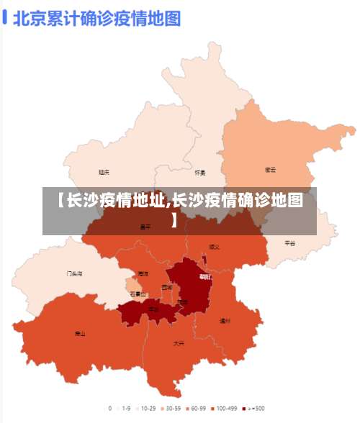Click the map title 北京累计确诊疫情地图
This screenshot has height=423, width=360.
coord(96,18)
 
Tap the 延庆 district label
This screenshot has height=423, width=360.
coord(104,172)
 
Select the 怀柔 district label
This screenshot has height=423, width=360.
coord(200,173)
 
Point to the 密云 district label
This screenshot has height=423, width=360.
coord(271,170)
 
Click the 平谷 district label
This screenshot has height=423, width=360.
coord(289,243)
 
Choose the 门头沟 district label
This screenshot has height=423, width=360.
coord(74,274)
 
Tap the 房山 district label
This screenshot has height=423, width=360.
coord(80,334)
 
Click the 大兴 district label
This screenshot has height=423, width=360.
coord(179,344)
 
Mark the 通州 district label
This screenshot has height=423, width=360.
coord(225,321)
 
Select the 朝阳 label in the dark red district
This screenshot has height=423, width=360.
coord(206,276)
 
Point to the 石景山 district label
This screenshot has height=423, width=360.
coord(138,294)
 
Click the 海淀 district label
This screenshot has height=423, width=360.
coord(143,274)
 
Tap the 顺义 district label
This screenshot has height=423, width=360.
coord(215,247)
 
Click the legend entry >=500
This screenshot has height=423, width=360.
coord(255,408)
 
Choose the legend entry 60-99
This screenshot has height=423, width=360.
coord(197,408)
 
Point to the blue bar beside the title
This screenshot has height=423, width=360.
coord(5,17)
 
